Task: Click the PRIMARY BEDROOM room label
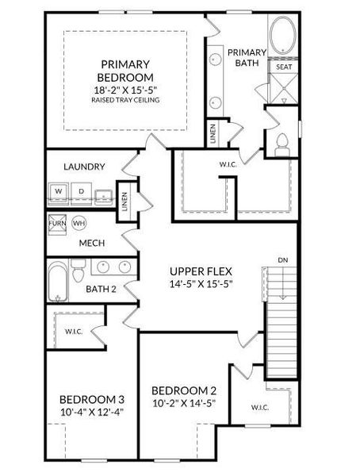click(x=126, y=71)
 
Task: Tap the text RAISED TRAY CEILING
click(x=127, y=101)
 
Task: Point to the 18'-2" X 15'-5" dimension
click(x=127, y=90)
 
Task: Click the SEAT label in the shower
click(x=284, y=67)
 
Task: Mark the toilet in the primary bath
click(x=282, y=144)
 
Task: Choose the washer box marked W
click(x=59, y=192)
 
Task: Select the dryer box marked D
click(x=81, y=192)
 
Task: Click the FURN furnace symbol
click(x=58, y=223)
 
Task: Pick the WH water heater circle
click(x=79, y=223)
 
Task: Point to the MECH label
click(x=92, y=244)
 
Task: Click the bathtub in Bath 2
click(x=58, y=283)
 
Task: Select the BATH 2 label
click(x=101, y=290)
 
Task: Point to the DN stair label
click(x=283, y=259)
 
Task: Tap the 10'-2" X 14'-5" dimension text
click(x=183, y=403)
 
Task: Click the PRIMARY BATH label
click(x=246, y=58)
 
